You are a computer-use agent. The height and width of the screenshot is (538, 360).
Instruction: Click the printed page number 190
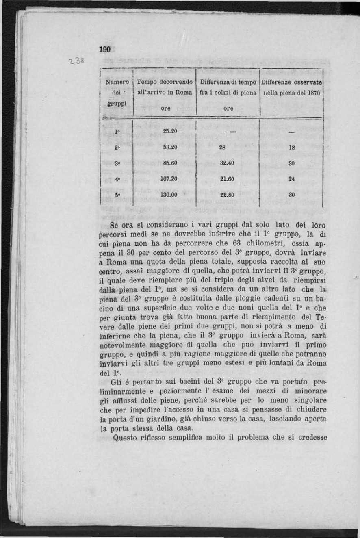coord(105,50)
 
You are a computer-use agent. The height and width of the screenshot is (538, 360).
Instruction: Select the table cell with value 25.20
coord(169,132)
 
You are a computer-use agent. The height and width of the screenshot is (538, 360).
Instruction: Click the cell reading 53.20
coord(169,148)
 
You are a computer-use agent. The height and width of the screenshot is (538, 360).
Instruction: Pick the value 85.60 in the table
coord(169,163)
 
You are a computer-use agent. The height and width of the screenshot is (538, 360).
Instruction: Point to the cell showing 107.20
coord(168,178)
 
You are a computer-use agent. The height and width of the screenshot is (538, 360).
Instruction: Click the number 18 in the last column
coord(291,148)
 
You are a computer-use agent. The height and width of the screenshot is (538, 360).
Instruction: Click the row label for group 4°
coord(117,179)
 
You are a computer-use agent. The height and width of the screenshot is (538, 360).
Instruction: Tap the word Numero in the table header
coord(117,82)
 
